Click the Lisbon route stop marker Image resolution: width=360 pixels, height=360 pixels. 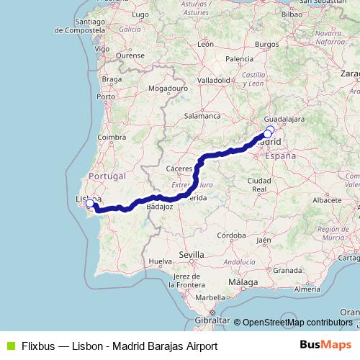(x=90, y=204)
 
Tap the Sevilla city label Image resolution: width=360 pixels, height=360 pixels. (x=192, y=254)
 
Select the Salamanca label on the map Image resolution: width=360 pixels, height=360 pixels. (x=202, y=115)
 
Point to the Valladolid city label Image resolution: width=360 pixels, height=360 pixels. (x=213, y=80)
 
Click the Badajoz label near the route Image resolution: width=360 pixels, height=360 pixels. (x=159, y=206)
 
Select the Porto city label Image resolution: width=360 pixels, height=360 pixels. (x=107, y=96)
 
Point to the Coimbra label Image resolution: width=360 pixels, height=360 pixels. (x=112, y=137)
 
